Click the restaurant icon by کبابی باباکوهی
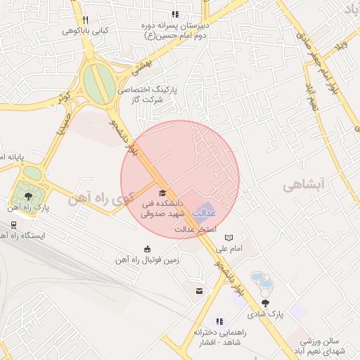pos(85,20)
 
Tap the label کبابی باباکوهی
pos(85,31)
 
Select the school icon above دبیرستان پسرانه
pos(175,15)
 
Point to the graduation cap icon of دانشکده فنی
pos(162,193)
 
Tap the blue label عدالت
pos(204,212)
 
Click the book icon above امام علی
pos(229,238)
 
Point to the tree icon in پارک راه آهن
pos(27,196)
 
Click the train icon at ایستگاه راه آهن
pos(13,225)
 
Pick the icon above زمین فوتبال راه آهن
pos(147,248)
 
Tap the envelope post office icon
pos(200,290)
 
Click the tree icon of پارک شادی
pos(265,303)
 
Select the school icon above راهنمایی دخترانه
pos(219,321)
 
